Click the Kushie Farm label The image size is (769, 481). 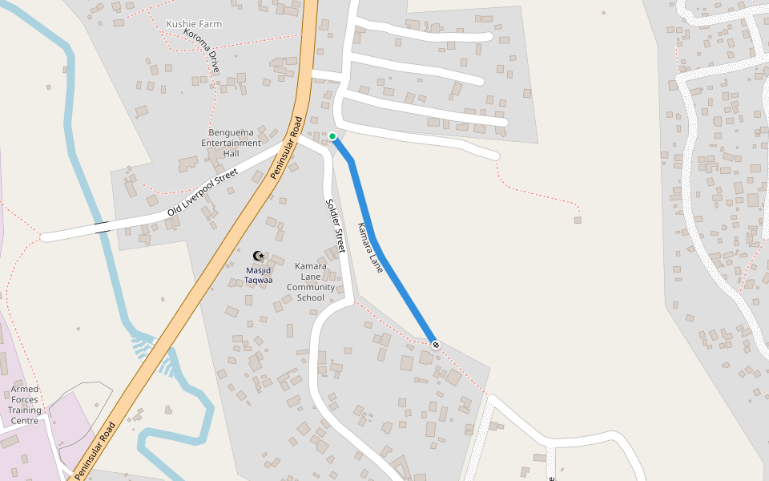tap(194, 24)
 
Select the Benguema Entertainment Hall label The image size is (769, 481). tap(232, 143)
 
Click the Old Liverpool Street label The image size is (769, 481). tap(203, 193)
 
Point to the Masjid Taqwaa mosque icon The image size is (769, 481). tap(258, 256)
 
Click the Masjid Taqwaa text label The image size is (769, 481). tap(258, 275)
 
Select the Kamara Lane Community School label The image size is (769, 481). tap(311, 281)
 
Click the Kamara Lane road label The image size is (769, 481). tap(371, 248)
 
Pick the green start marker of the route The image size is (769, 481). tap(332, 136)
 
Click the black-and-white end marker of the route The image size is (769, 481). tap(436, 345)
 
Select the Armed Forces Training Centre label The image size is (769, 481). tap(25, 404)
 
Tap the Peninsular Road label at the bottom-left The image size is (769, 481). tap(95, 451)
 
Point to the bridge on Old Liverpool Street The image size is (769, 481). tap(102, 227)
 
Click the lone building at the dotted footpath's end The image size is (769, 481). tap(578, 220)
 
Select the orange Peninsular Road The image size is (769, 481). tap(216, 265)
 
